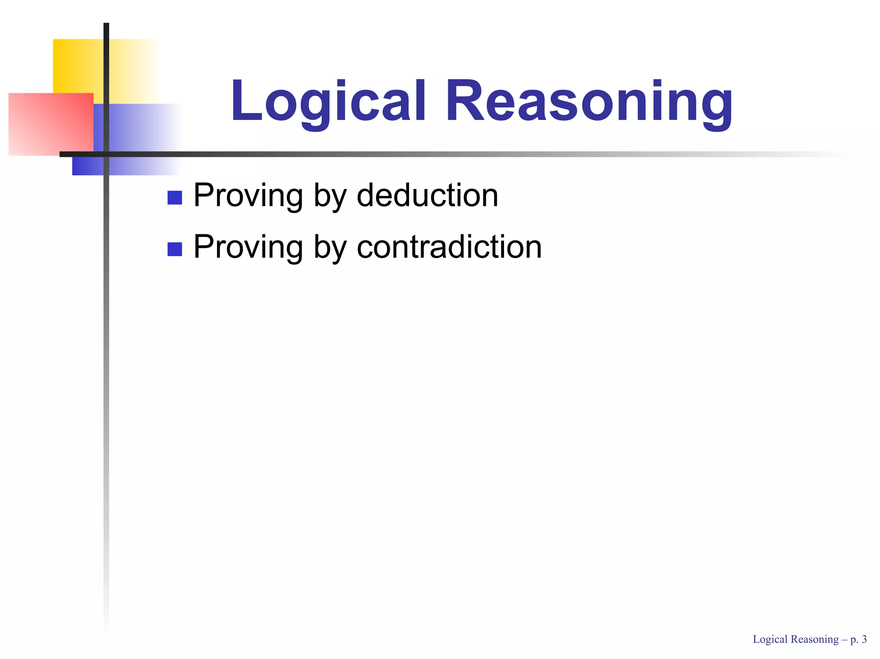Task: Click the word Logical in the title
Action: point(328,101)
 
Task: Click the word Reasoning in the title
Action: point(589,101)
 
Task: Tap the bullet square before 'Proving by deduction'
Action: point(174,197)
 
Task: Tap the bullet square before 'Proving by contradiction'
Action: point(174,249)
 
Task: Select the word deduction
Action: point(427,195)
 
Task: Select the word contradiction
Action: point(449,247)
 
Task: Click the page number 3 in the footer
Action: point(864,639)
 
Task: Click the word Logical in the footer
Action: point(770,640)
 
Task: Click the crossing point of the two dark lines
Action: point(106,154)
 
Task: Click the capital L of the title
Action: point(245,101)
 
